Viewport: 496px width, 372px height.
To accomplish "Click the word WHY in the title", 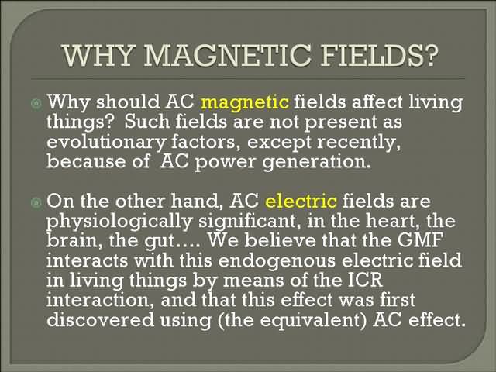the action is [x=98, y=56].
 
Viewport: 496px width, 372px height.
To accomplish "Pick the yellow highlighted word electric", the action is [x=301, y=201].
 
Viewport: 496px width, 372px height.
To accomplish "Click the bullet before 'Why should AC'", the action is [x=36, y=103].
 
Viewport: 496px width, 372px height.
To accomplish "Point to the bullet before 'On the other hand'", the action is [x=36, y=202].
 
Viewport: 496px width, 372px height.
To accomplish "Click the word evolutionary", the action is [x=106, y=143].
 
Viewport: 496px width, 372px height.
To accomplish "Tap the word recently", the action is [x=359, y=143].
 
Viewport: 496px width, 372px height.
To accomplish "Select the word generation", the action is [x=316, y=163].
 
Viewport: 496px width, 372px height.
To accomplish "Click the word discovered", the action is [x=100, y=319].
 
